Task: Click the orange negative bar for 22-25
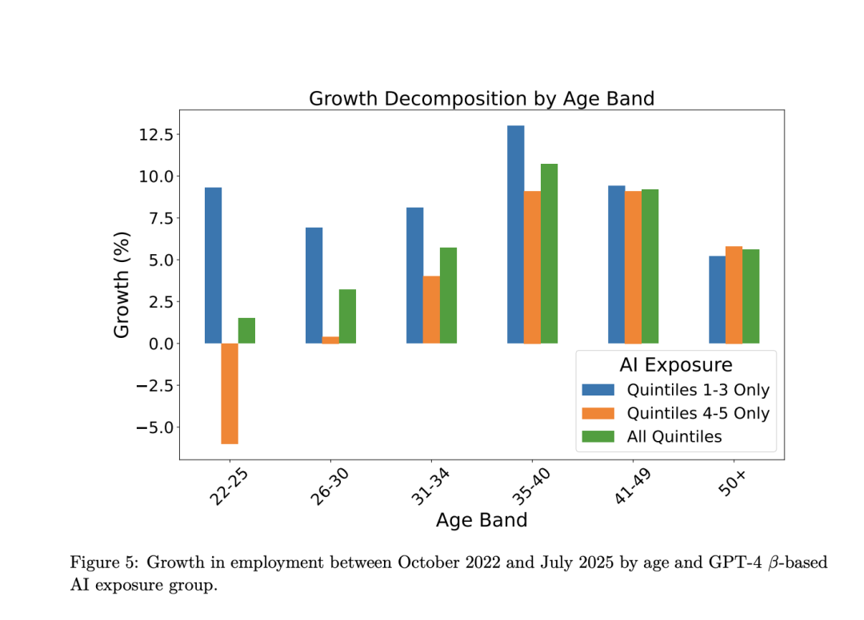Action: pyautogui.click(x=230, y=393)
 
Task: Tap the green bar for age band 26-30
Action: pyautogui.click(x=347, y=316)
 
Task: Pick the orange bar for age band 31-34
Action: pyautogui.click(x=431, y=310)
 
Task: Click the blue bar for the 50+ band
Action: pyautogui.click(x=717, y=300)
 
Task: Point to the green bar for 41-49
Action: pyautogui.click(x=650, y=266)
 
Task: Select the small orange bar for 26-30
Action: pyautogui.click(x=330, y=340)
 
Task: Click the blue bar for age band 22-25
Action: pyautogui.click(x=213, y=265)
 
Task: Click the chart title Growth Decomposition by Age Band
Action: pyautogui.click(x=482, y=99)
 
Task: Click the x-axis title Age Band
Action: pyautogui.click(x=482, y=520)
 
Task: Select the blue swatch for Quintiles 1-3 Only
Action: pyautogui.click(x=598, y=390)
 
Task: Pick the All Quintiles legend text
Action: pyautogui.click(x=674, y=436)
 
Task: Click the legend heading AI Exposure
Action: pyautogui.click(x=675, y=365)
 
